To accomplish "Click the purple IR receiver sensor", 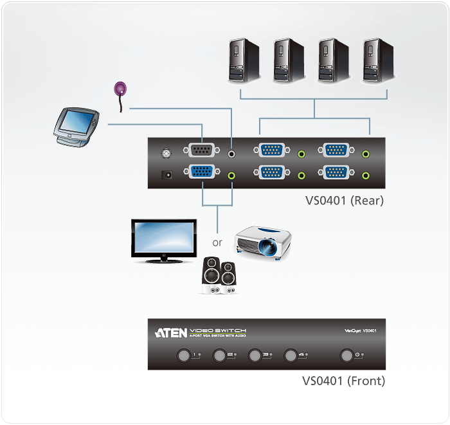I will (120, 88).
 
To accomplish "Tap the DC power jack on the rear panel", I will (168, 174).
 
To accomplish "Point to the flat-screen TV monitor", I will (163, 240).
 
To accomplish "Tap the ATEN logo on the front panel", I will (171, 332).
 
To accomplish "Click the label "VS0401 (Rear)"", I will (344, 200).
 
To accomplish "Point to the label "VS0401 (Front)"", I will (343, 381).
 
